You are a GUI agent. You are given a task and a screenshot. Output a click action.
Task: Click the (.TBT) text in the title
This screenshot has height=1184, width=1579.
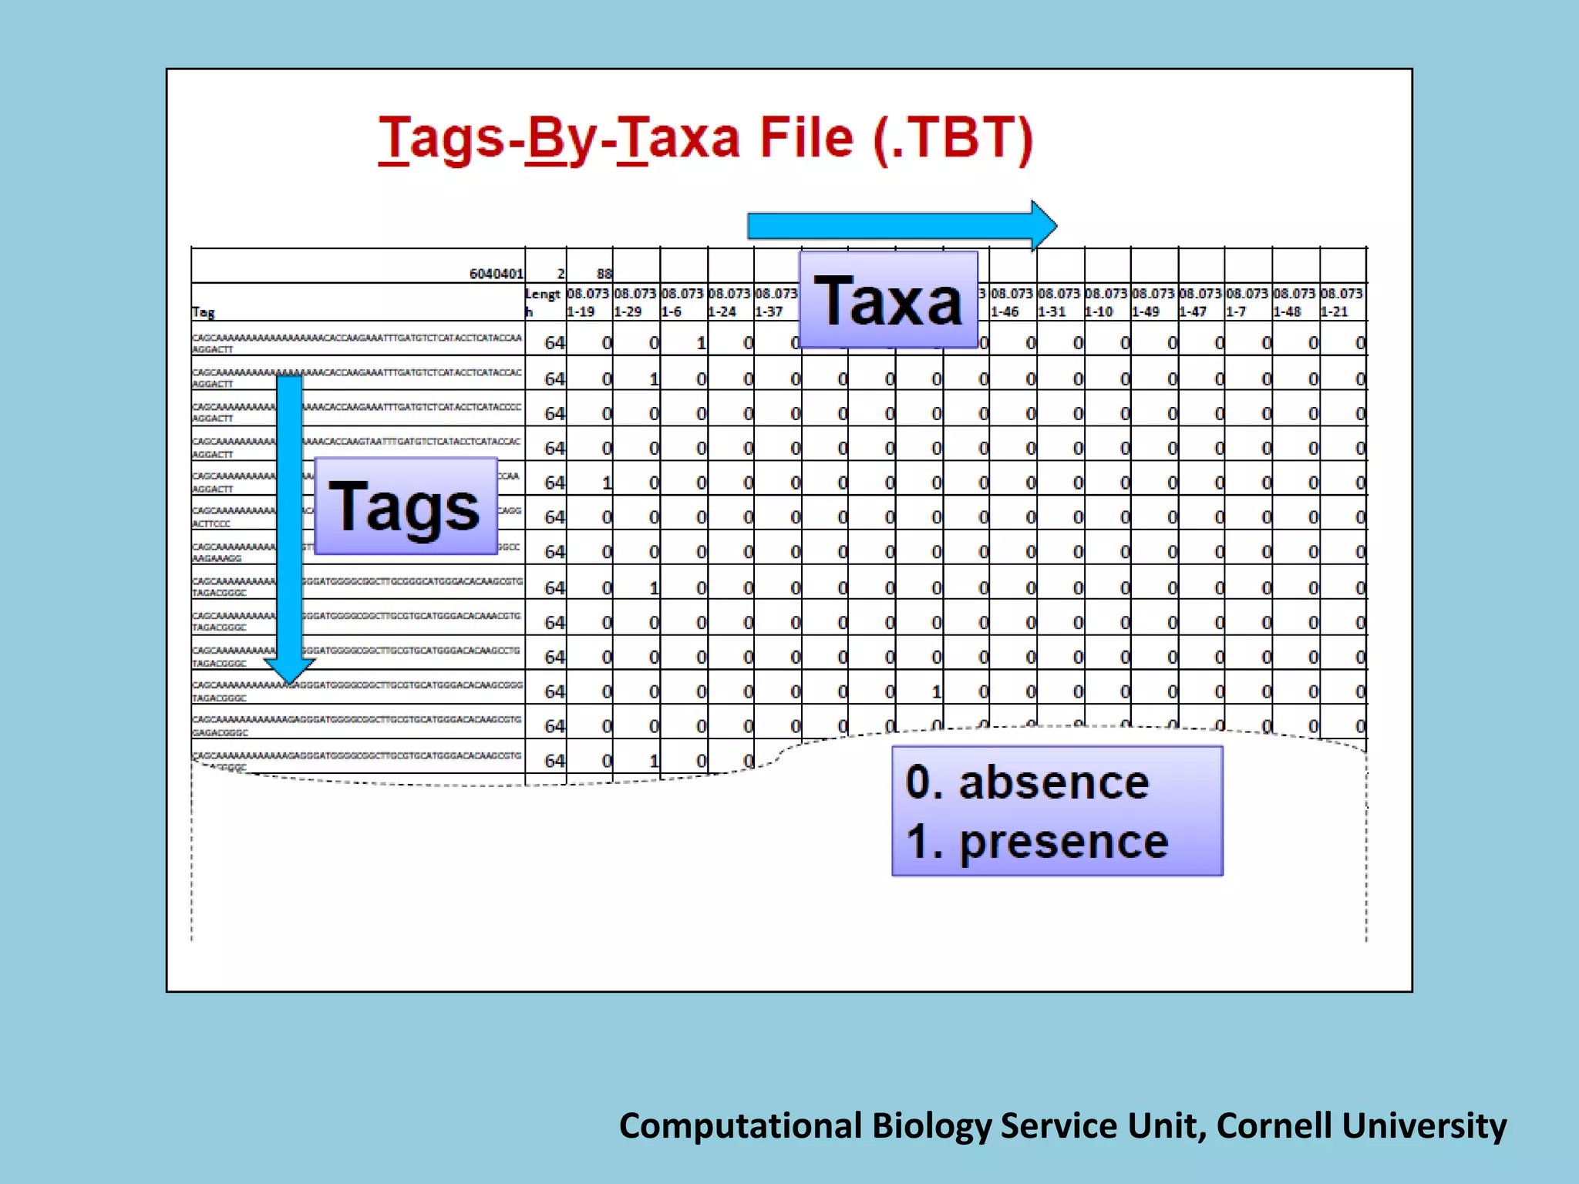click(x=953, y=139)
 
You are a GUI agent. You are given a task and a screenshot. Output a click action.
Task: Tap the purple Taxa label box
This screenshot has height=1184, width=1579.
click(x=888, y=301)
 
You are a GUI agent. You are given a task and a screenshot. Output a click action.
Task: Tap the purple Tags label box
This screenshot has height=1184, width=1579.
click(x=406, y=506)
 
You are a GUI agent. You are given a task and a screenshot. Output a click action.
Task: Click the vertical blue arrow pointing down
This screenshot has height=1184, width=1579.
click(x=289, y=524)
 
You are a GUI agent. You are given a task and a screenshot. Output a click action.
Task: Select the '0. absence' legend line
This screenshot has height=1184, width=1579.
click(x=1027, y=782)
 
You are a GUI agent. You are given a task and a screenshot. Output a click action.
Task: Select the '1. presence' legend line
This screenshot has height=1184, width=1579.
click(x=1037, y=841)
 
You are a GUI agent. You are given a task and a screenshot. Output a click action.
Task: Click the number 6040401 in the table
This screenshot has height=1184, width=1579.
click(x=497, y=274)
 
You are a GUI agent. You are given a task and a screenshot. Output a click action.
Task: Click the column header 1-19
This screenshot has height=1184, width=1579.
click(x=581, y=311)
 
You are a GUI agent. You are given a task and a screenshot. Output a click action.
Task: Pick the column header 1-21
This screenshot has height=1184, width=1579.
click(x=1335, y=311)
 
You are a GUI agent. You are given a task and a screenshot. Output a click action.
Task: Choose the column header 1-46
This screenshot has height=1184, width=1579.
click(x=1005, y=311)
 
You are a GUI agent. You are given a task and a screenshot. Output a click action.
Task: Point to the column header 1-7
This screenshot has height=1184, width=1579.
click(x=1236, y=311)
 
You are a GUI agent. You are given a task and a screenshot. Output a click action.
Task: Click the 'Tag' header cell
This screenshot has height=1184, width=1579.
click(x=204, y=311)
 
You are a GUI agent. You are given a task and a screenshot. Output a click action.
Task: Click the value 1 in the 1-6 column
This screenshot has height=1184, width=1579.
click(x=701, y=343)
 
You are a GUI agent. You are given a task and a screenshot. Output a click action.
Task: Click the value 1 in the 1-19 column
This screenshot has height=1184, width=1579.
click(x=607, y=483)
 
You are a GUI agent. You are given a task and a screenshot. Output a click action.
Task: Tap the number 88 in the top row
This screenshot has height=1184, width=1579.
click(x=604, y=274)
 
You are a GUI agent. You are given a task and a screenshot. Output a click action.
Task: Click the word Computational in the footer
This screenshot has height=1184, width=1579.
click(x=740, y=1125)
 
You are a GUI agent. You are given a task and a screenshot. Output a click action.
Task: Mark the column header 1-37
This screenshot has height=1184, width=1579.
click(x=769, y=311)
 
